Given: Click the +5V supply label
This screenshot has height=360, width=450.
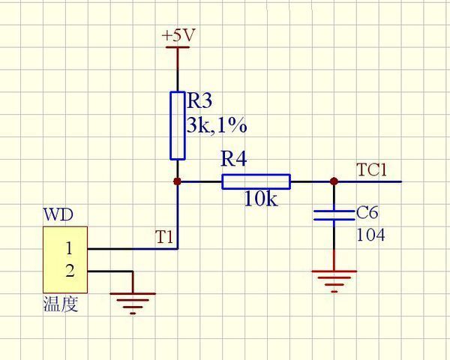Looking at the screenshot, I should (x=178, y=35).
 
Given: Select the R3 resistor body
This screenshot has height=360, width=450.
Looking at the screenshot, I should (x=178, y=125).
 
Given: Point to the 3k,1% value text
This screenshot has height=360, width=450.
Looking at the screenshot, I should (x=217, y=124).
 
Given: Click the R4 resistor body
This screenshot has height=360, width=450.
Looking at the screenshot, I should (x=256, y=181).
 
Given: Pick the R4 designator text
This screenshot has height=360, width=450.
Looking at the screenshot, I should (x=233, y=160).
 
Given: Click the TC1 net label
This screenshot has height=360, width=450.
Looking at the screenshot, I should (x=372, y=170).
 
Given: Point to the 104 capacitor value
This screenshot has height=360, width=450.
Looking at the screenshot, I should (x=370, y=235).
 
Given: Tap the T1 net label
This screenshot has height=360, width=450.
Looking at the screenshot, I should (x=164, y=237).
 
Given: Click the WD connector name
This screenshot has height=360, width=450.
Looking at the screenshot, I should (x=58, y=215).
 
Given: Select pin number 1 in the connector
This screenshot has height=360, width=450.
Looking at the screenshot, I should (x=69, y=248).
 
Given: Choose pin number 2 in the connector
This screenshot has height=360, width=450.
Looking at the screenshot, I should (x=69, y=271).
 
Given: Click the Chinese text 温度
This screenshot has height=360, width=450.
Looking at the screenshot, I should (x=61, y=305).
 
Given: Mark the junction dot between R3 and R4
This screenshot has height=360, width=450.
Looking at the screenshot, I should (x=178, y=181).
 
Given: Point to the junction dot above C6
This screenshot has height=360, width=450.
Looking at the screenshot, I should (x=334, y=181).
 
